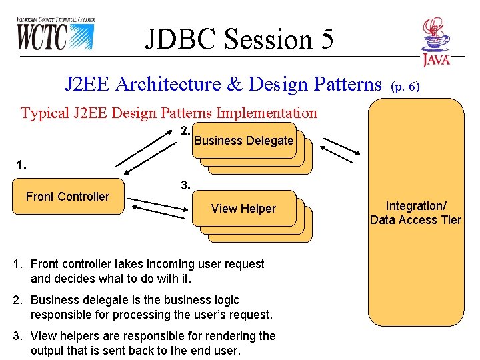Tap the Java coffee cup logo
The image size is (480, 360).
click(436, 42)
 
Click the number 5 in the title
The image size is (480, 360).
click(325, 39)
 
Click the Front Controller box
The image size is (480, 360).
click(68, 196)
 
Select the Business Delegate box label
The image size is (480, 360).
click(243, 141)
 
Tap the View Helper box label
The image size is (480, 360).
click(243, 209)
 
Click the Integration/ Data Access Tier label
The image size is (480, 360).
click(415, 213)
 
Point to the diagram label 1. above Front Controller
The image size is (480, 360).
click(22, 165)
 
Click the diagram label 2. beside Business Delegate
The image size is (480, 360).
click(186, 131)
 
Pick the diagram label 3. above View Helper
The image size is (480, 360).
click(186, 186)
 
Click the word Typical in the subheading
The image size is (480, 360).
click(44, 113)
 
